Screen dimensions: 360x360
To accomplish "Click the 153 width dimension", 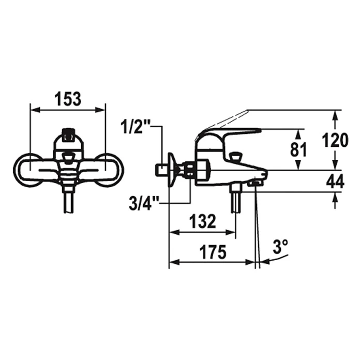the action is click(68, 99).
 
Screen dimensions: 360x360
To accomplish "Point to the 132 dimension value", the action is click(203, 221).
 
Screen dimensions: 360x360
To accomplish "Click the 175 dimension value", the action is click(213, 252).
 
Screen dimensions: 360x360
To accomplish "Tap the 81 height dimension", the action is click(298, 149).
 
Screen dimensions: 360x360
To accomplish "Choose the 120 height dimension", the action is click(335, 140).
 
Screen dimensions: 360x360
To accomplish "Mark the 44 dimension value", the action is click(336, 181).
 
